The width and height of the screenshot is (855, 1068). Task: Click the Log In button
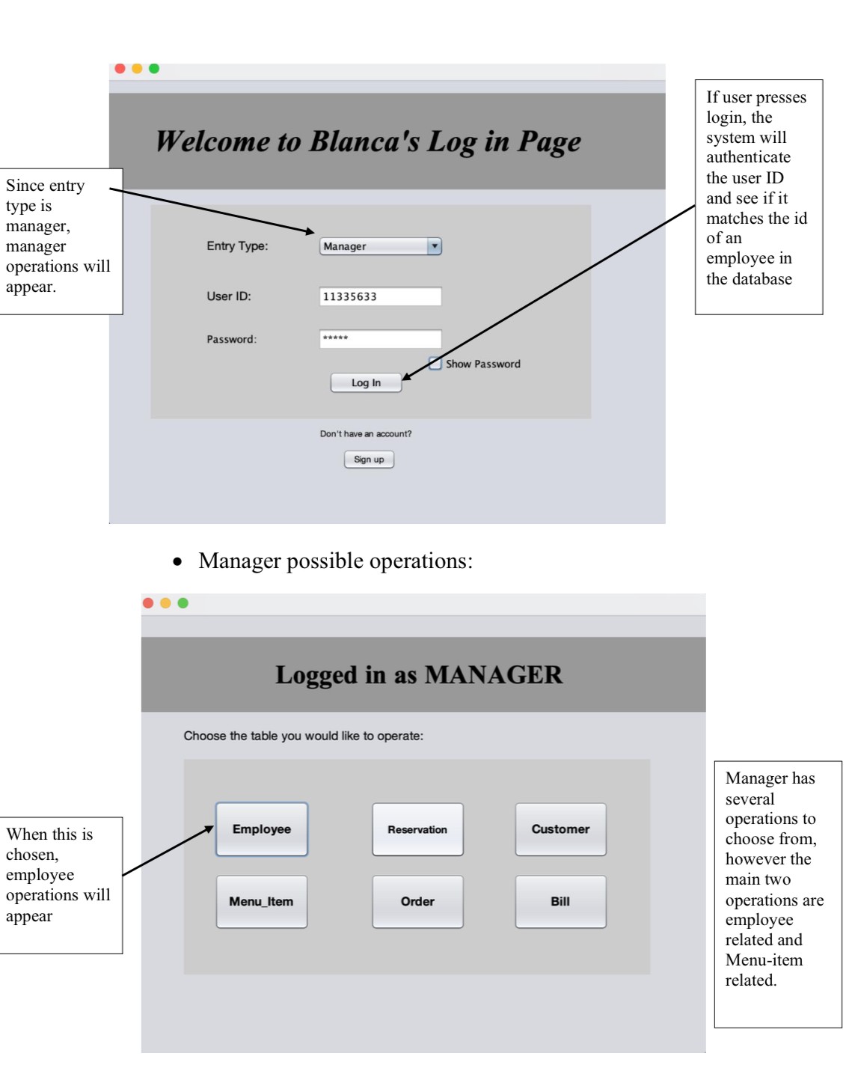pos(366,382)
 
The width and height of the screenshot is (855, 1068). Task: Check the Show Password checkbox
pos(435,363)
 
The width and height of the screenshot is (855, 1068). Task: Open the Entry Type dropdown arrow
pos(434,246)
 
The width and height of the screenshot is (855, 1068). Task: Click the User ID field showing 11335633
pos(380,296)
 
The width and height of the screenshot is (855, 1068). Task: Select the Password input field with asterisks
pos(380,339)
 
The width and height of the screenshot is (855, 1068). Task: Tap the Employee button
pos(261,829)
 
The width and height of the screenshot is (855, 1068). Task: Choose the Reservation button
pos(417,829)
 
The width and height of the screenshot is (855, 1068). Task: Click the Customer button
pos(560,829)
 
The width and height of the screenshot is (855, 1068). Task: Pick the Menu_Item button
pos(261,902)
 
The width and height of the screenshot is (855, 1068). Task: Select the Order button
pos(417,902)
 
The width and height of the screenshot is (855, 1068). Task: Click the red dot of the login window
pos(120,69)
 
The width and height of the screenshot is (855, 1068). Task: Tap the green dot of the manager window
pos(183,603)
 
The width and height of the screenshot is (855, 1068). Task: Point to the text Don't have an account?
pos(366,434)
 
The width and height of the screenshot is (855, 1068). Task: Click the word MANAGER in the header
pos(493,675)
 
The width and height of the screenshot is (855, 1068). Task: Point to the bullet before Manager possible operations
pos(177,561)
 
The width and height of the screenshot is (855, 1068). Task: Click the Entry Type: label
pos(237,246)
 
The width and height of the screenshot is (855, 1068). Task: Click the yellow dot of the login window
pos(137,69)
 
